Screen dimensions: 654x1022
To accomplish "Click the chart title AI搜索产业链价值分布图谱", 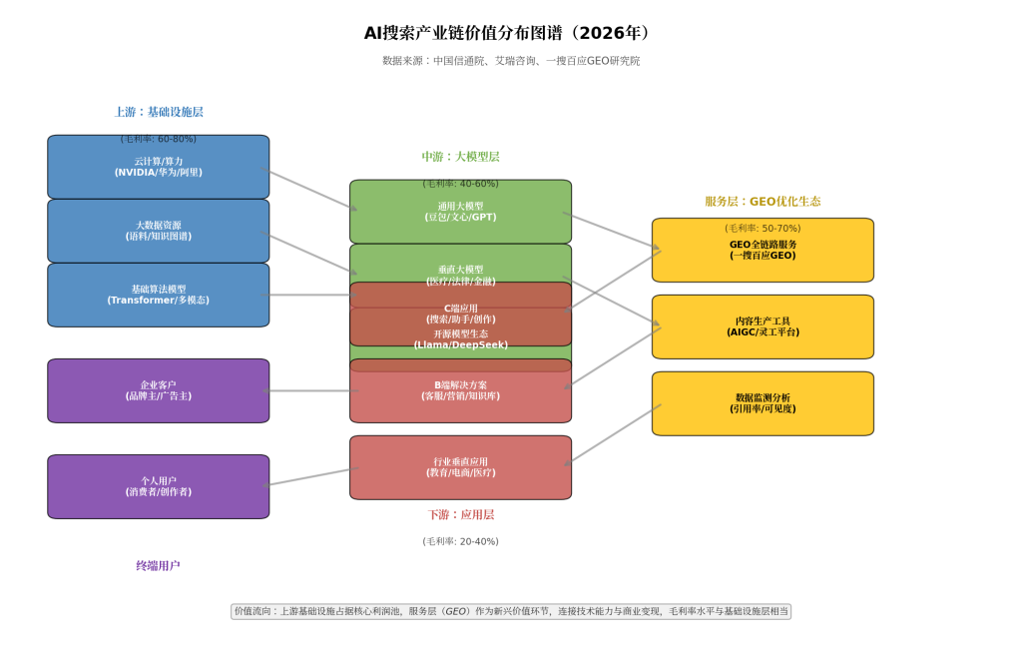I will click(x=510, y=33).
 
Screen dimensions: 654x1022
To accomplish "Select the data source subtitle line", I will click(x=510, y=61).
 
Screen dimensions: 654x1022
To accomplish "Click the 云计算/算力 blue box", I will click(x=158, y=167).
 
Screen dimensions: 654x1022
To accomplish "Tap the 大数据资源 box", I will click(x=158, y=231).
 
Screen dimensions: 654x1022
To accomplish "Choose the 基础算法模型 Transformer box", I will click(x=158, y=295).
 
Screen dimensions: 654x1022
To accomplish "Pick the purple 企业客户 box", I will click(x=158, y=390).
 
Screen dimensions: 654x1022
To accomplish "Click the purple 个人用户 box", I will click(x=158, y=486).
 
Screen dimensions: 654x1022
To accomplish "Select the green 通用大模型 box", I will click(x=460, y=211).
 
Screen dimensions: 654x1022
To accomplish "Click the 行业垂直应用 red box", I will click(x=460, y=467).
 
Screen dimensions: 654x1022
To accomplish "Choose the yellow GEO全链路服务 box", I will click(x=763, y=250).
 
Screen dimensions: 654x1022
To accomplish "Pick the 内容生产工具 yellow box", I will click(x=763, y=327).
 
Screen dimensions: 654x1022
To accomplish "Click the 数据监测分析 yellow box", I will click(x=763, y=403).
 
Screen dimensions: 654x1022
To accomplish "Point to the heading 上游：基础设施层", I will click(x=159, y=112).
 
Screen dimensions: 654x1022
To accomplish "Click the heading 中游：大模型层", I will click(x=460, y=157).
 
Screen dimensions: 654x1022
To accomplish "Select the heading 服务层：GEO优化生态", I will click(x=763, y=201).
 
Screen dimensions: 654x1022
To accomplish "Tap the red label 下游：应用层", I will click(x=460, y=515).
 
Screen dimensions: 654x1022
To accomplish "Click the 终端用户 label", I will click(x=158, y=566).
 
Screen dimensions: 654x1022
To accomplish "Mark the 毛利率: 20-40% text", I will click(x=460, y=541).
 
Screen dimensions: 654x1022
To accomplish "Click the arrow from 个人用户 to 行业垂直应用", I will click(x=311, y=476).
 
